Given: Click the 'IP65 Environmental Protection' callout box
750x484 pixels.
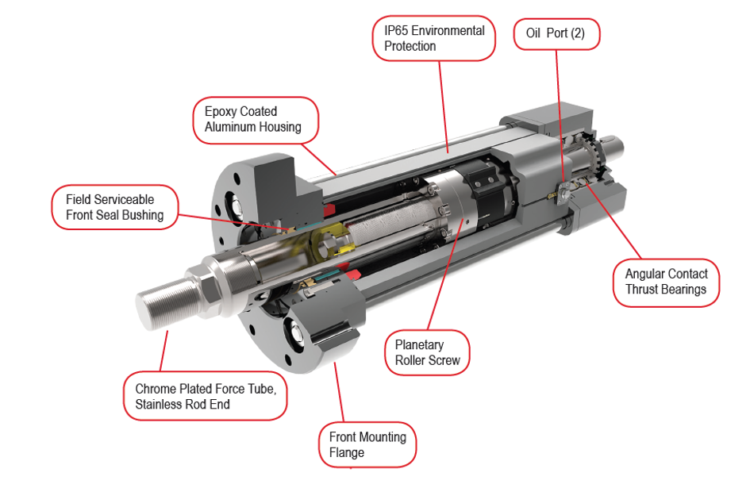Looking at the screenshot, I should (x=434, y=38).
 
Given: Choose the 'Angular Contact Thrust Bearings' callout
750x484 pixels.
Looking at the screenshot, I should (x=665, y=282).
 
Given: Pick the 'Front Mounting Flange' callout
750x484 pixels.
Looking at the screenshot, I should (x=367, y=444).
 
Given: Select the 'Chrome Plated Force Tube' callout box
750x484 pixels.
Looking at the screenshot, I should (x=205, y=398).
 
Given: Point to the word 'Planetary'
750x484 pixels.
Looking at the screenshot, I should (x=419, y=345).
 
